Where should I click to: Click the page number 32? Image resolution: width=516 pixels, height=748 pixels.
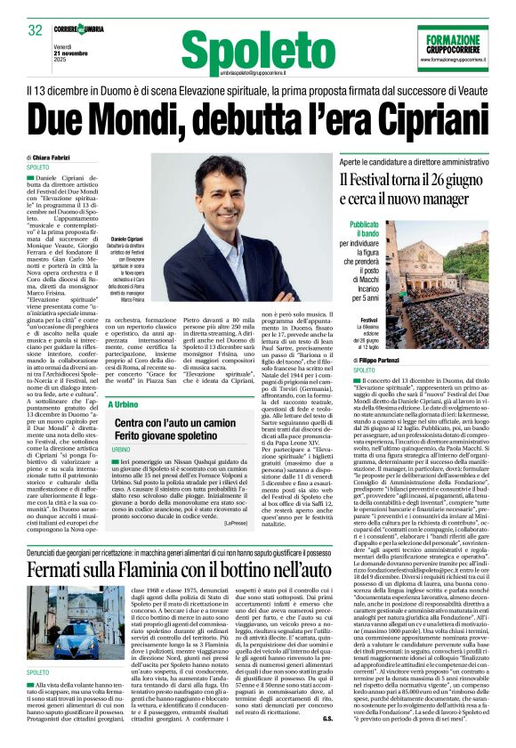pos(36,30)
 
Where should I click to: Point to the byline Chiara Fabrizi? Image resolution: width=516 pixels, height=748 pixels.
pos(54,157)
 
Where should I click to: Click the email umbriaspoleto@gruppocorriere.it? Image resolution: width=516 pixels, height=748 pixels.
pos(233,69)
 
